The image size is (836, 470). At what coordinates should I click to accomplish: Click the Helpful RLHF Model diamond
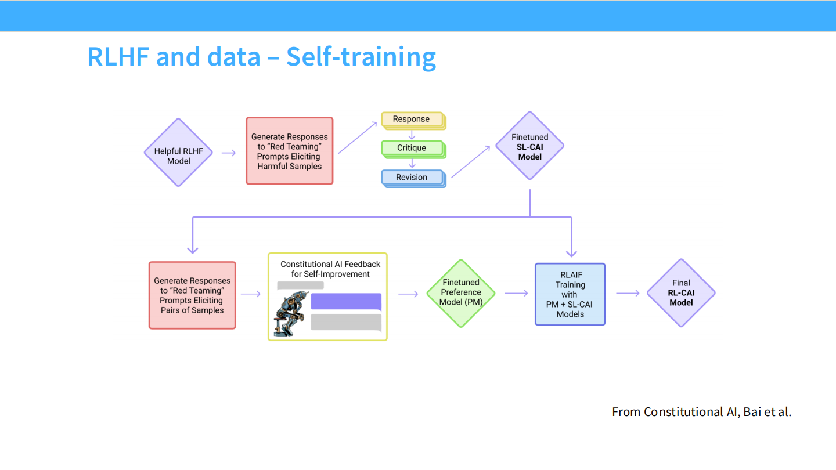(x=178, y=153)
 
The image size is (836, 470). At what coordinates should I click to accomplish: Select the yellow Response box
(x=412, y=120)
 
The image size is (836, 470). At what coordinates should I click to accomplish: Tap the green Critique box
(x=412, y=149)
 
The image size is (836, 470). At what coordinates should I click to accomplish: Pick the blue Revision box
(x=412, y=178)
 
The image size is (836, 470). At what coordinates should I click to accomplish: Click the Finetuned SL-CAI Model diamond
(x=529, y=146)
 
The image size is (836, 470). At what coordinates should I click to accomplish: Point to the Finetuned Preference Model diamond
(x=460, y=292)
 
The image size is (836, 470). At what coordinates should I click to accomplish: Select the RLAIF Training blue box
(x=570, y=294)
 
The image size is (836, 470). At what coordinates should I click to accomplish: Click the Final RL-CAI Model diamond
(x=681, y=292)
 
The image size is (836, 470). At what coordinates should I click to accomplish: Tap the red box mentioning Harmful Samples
(x=289, y=151)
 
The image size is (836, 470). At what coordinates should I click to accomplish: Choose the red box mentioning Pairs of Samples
(x=192, y=295)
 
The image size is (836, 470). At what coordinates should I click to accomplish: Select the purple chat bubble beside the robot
(x=346, y=302)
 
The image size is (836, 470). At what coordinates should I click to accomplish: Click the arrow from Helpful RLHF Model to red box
(x=229, y=153)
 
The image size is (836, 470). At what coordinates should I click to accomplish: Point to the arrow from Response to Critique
(x=412, y=134)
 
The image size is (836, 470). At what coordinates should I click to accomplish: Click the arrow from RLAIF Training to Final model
(x=628, y=293)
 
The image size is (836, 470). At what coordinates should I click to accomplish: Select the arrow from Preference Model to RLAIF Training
(x=516, y=293)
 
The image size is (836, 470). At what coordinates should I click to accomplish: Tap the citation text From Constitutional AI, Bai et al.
(x=701, y=412)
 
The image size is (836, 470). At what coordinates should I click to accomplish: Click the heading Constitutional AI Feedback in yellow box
(x=330, y=264)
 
